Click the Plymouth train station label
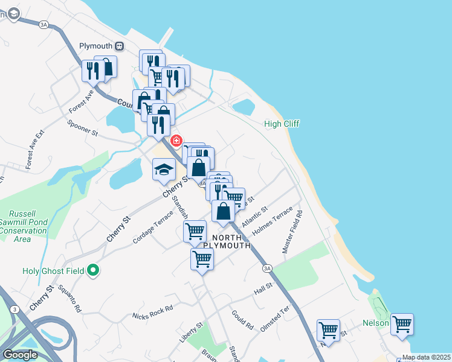(96, 46)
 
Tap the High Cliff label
(282, 124)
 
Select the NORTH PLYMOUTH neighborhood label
(227, 241)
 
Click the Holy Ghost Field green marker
(92, 271)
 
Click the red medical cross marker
(176, 141)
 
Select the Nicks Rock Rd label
(152, 311)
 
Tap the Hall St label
(263, 290)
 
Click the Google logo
(20, 355)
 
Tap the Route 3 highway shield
(13, 309)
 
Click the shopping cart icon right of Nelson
(402, 324)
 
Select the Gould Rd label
(242, 320)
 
